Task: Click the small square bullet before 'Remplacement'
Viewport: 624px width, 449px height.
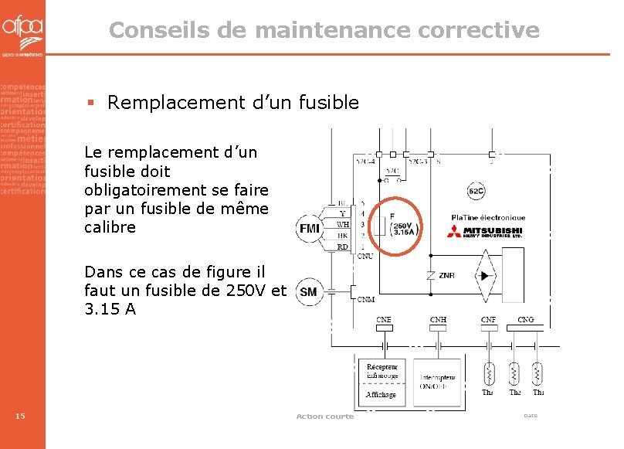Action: coord(90,102)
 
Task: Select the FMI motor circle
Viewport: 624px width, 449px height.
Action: coord(309,228)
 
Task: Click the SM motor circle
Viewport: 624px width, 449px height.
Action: coord(308,292)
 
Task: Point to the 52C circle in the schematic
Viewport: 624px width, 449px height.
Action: coord(476,191)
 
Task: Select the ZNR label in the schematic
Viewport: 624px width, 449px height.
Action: coord(446,276)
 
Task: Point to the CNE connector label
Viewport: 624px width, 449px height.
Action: coord(383,319)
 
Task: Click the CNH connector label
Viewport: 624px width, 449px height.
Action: coord(439,319)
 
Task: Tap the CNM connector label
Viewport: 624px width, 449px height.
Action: coord(366,300)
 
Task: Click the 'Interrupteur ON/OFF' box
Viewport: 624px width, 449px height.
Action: coord(437,382)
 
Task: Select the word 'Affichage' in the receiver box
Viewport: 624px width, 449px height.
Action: coord(381,394)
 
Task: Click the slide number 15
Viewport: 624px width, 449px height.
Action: coord(21,417)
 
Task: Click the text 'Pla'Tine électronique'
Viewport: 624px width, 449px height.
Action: coord(488,217)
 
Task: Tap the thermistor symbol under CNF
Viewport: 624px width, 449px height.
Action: coord(488,374)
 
